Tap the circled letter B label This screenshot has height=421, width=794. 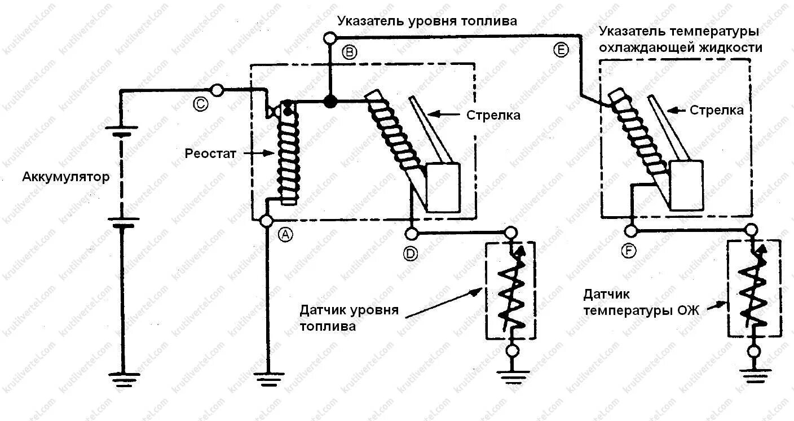[x=350, y=52]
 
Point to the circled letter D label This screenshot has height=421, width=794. [x=410, y=253]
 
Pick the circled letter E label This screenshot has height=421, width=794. [x=561, y=51]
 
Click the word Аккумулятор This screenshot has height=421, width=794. [x=66, y=177]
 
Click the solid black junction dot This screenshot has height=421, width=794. [x=330, y=102]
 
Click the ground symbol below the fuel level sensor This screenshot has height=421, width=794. [x=511, y=376]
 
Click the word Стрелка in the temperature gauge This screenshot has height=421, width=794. [x=716, y=111]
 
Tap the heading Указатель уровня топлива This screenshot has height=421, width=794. [x=427, y=21]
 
